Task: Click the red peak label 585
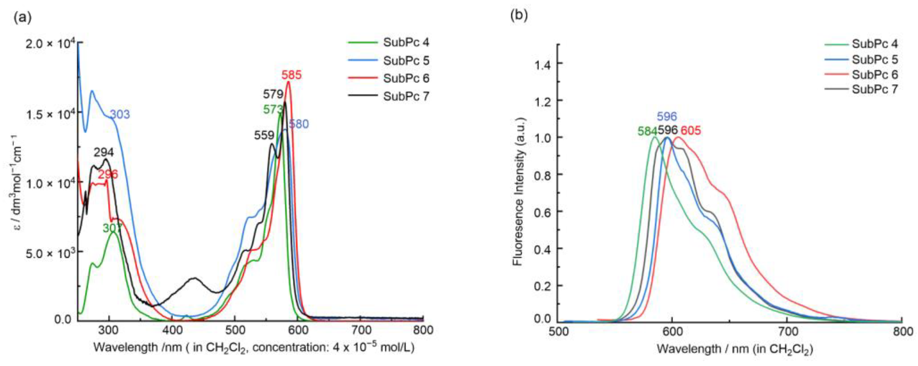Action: (x=291, y=75)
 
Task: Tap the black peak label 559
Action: (x=264, y=135)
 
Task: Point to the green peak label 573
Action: (x=273, y=110)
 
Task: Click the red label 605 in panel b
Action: (x=691, y=131)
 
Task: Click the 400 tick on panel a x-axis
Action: (x=172, y=330)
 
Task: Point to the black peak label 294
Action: (x=104, y=153)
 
